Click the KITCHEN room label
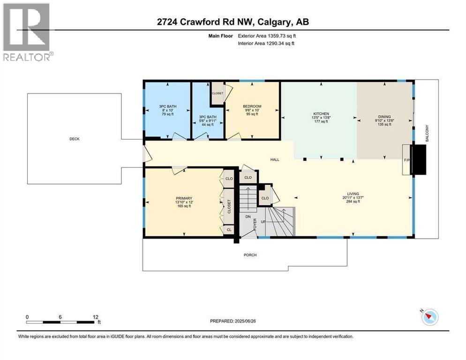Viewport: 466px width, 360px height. (321, 114)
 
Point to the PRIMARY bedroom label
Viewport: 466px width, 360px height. (183, 198)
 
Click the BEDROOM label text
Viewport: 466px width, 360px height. (252, 106)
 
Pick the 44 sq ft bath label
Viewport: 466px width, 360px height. (208, 117)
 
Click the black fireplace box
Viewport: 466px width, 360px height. (418, 160)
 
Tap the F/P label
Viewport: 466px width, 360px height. (406, 161)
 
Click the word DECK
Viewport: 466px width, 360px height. (75, 139)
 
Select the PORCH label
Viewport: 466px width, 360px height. (250, 255)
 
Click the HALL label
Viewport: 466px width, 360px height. (275, 159)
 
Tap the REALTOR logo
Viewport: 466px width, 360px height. (27, 32)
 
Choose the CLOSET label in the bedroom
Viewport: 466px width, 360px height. (218, 93)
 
